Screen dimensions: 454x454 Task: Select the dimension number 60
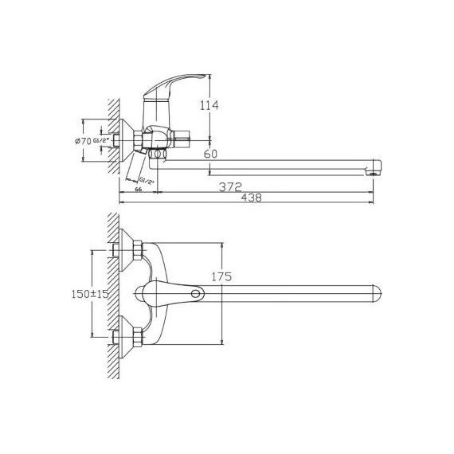[x=211, y=154]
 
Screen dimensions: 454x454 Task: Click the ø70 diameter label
[x=82, y=141]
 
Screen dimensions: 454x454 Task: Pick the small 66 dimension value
[x=138, y=190]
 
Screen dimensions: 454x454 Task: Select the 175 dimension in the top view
[x=222, y=277]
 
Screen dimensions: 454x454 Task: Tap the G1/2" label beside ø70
[x=100, y=141]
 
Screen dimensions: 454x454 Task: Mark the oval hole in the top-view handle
[x=194, y=295]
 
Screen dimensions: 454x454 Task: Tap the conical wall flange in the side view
[x=125, y=140]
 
